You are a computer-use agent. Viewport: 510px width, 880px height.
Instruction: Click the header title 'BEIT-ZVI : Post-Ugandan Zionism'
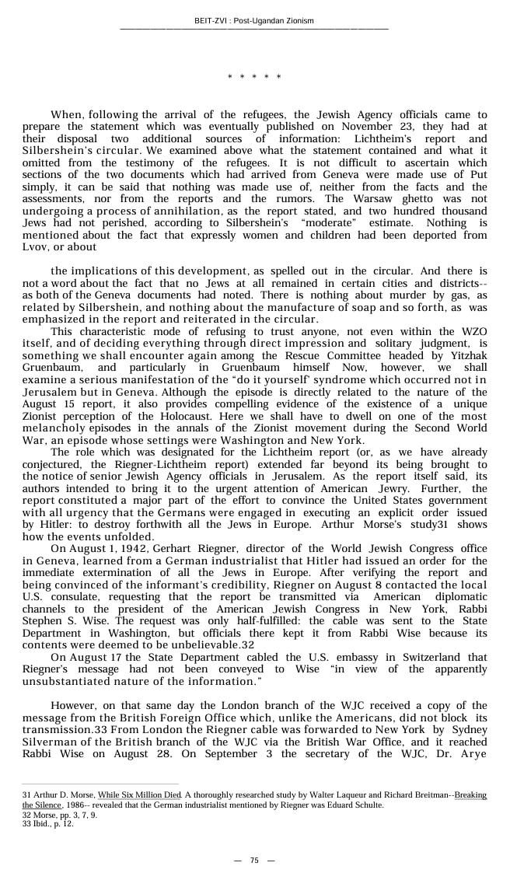(254, 21)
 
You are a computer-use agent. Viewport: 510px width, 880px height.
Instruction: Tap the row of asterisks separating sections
(254, 77)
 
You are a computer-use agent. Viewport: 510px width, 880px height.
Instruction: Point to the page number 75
(254, 860)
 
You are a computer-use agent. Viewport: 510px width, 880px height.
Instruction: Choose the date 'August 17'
(102, 657)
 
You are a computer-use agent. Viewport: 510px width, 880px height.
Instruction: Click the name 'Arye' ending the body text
(470, 753)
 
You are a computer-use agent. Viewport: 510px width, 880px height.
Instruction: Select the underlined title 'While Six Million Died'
(140, 794)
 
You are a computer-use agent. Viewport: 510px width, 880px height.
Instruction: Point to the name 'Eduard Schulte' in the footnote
(358, 805)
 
